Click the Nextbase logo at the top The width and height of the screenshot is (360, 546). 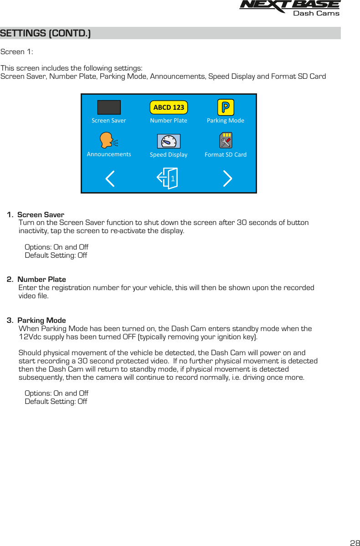(290, 8)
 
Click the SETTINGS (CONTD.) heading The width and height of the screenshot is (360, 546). (46, 33)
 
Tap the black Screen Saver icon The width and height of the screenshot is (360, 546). (109, 107)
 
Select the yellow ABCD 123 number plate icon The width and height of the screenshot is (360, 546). (169, 107)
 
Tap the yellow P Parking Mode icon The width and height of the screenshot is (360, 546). (226, 107)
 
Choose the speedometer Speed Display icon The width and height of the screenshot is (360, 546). (169, 141)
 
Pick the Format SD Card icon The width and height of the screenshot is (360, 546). (226, 141)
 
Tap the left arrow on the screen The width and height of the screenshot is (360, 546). (110, 179)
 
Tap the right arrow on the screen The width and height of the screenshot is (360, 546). (227, 179)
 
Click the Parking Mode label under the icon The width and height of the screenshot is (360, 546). (226, 121)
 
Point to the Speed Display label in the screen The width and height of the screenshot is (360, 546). (169, 155)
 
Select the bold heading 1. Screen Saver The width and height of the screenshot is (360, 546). (36, 214)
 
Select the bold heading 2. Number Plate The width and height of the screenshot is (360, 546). (37, 279)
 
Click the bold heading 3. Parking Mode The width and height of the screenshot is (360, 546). (37, 320)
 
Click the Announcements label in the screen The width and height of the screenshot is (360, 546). (109, 154)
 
